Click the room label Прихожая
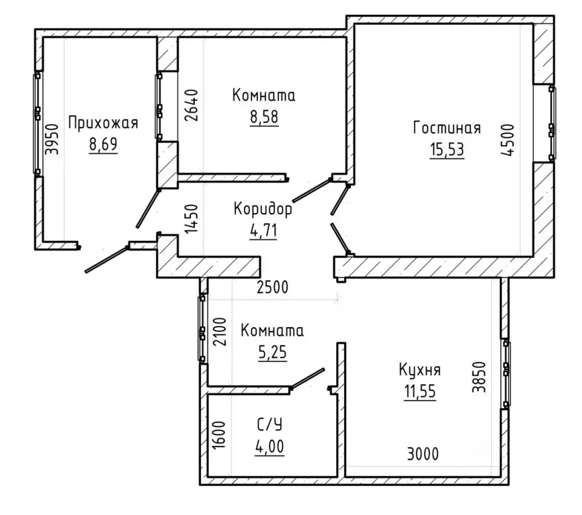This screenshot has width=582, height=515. pos(103,123)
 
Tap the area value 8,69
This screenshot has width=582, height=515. pos(103,144)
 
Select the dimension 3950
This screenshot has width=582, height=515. pos(52,139)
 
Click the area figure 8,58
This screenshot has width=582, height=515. pos(264,116)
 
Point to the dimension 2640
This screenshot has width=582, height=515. pos(192,105)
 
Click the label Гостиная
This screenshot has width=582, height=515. pos(447,128)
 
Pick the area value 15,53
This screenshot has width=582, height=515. pos(447,150)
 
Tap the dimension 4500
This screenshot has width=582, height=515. pos(508,140)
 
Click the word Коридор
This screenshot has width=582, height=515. pos(263,209)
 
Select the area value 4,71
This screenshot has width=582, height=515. pos(263,230)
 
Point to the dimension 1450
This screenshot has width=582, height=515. pos(192,219)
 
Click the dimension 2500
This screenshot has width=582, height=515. pos(272,287)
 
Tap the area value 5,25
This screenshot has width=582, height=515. pos(272,352)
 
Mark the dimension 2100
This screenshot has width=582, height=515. pos(219,332)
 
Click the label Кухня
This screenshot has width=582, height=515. pos(420,370)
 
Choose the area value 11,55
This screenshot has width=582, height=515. pos(420,391)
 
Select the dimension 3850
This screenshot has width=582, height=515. pos(479,377)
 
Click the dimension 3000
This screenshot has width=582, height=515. pos(423,454)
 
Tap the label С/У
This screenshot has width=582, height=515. pos(270,424)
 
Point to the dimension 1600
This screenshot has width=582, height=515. pos(219,435)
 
